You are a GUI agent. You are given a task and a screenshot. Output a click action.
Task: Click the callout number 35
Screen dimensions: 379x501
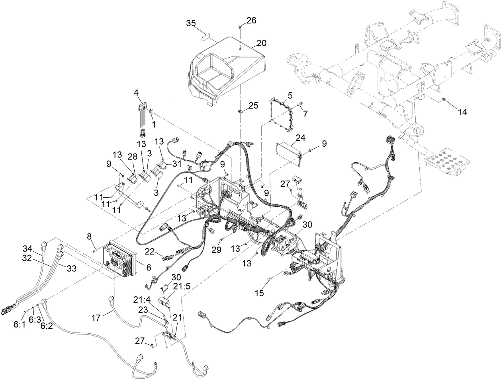coord(191,23)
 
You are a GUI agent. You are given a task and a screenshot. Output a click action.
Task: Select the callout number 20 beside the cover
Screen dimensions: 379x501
coord(262,43)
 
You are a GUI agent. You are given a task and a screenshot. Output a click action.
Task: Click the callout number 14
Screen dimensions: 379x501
coord(462,112)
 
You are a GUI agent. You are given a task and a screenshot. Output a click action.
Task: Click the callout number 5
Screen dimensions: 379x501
coord(290,95)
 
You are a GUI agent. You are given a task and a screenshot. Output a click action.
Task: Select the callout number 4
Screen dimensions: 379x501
coord(136,93)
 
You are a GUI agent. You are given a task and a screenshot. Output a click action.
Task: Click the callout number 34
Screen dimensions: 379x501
coord(27,249)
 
